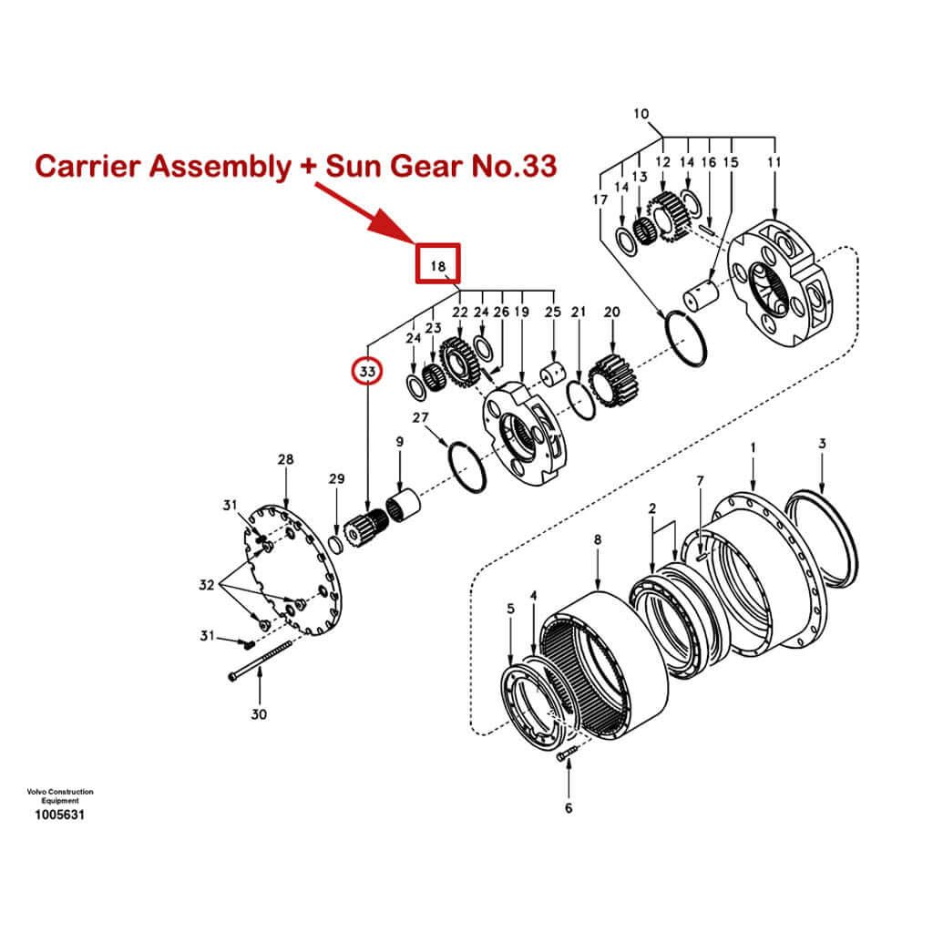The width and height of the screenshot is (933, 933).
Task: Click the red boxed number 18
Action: pos(438,266)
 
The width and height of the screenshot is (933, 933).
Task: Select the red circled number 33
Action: pos(367,372)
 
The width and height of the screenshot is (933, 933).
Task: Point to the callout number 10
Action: pos(641,114)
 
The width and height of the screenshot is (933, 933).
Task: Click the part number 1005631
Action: pos(59,815)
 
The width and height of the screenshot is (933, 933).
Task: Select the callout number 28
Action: pos(286,459)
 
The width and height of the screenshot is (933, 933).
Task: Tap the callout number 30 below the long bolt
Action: pos(260,714)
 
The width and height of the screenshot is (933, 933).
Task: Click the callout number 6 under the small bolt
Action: pos(569,807)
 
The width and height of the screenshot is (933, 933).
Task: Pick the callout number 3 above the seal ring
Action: pos(822,444)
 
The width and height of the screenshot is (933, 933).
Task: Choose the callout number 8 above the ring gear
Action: pos(598,539)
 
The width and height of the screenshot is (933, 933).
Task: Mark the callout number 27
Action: pos(420,418)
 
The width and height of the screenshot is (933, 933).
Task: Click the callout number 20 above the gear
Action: pos(612,312)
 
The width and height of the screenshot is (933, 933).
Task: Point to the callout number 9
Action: pos(399,442)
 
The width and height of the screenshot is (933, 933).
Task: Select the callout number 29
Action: pos(337,479)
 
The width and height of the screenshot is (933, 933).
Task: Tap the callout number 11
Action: pos(775,161)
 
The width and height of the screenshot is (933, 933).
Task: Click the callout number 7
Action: pos(700,480)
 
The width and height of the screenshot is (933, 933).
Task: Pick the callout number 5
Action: pos(510,608)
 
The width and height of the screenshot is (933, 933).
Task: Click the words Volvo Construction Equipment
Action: pos(59,795)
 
